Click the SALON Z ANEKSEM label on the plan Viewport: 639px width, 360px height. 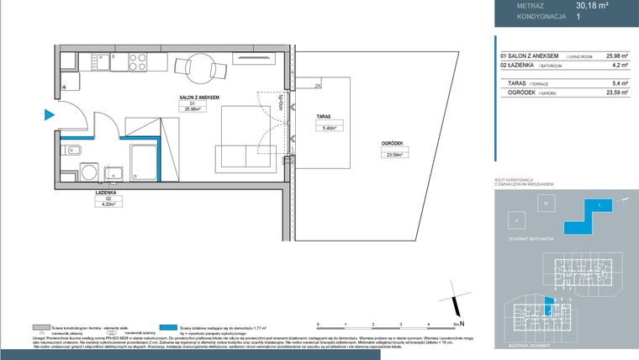(198, 98)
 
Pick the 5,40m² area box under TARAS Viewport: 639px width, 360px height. (329, 128)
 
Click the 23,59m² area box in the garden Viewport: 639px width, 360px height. (393, 155)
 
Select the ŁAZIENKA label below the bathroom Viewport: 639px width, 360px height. (106, 193)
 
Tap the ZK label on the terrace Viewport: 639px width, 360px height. (318, 86)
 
